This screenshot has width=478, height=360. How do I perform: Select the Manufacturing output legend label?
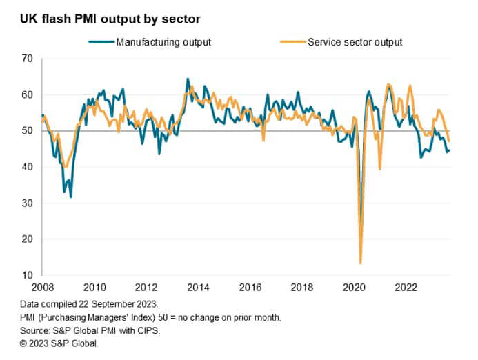point(163,42)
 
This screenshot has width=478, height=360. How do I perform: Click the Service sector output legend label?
point(355,42)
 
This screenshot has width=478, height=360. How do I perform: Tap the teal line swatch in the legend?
point(101,42)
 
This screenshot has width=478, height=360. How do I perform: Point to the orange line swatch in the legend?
point(292,42)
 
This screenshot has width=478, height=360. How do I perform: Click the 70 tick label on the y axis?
point(28,59)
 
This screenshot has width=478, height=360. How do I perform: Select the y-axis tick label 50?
point(28,131)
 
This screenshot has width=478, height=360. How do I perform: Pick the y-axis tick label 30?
point(28,203)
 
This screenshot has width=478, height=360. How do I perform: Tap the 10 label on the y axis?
point(28,275)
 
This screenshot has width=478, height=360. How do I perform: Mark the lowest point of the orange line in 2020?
point(360,263)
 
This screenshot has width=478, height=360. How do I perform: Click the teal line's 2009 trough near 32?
point(70,197)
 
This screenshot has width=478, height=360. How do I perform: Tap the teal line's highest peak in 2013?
point(187,79)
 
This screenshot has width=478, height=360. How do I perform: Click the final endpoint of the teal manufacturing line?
point(449,150)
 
